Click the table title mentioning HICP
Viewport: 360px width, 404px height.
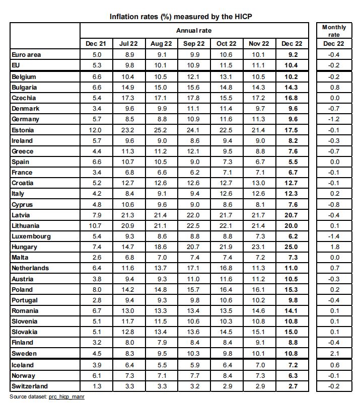[181, 16]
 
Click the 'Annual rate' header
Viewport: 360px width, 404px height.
[194, 31]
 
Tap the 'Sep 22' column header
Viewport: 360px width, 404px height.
[194, 44]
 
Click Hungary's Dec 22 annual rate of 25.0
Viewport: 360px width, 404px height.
[292, 247]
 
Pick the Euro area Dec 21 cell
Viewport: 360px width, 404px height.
[96, 55]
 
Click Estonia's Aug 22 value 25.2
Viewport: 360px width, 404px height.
[161, 130]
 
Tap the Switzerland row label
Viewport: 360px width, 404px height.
[30, 386]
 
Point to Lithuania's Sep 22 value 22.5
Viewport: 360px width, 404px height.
[194, 226]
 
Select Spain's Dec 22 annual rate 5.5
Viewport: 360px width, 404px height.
[292, 162]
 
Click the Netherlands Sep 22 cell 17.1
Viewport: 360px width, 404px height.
[194, 268]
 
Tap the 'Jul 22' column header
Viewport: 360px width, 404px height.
[128, 44]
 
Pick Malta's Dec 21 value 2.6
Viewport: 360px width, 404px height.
[96, 258]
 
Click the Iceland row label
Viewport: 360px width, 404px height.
[23, 365]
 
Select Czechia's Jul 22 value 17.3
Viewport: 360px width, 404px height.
[128, 98]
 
